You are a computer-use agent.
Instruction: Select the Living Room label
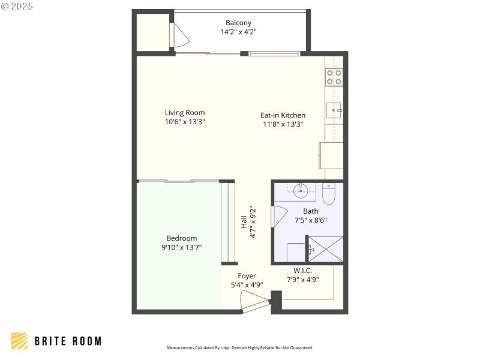(x=185, y=112)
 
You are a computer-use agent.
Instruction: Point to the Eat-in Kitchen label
(x=283, y=115)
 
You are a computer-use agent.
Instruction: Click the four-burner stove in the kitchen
(x=334, y=77)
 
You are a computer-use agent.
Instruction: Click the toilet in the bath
(x=329, y=193)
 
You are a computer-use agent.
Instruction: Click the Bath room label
(x=311, y=211)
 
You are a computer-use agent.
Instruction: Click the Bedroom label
(x=181, y=238)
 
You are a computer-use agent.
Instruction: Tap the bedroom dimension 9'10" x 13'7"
(x=181, y=247)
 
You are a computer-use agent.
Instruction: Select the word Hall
(x=244, y=222)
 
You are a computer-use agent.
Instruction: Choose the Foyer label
(x=247, y=276)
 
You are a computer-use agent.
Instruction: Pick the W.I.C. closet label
(x=302, y=271)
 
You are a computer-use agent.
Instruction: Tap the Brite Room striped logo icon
(x=19, y=341)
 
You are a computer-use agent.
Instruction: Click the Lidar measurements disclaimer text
(x=239, y=348)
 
